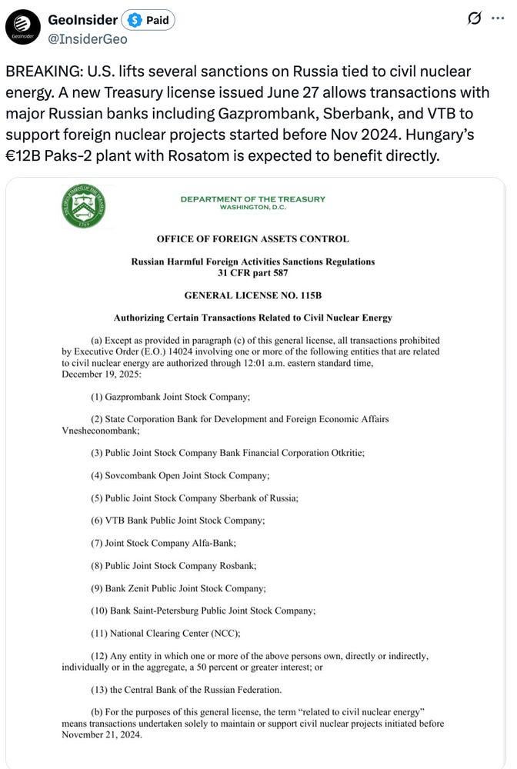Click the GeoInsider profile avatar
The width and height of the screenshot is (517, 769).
pos(23,27)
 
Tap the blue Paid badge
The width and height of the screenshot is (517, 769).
pos(149,20)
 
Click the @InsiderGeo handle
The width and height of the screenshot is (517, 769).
pos(88,39)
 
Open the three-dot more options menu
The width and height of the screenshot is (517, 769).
pos(498,18)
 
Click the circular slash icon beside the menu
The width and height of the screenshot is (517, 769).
pos(474,18)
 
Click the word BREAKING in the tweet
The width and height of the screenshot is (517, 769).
pos(47,72)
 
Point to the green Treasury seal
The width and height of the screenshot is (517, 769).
pos(83,205)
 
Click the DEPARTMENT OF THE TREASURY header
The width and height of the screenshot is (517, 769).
pos(252,199)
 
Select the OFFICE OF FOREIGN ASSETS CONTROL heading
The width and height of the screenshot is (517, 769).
pos(252,238)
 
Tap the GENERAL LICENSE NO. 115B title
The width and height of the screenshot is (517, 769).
pos(252,295)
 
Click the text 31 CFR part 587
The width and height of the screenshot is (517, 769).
pos(252,272)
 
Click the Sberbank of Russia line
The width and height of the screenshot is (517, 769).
pos(195,498)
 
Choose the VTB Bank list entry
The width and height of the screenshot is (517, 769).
pos(178,520)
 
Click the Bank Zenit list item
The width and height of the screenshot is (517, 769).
pos(178,588)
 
